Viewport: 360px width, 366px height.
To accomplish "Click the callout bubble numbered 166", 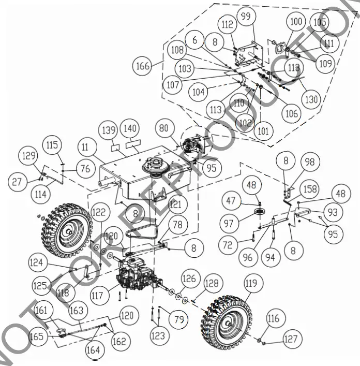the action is [x=142, y=67].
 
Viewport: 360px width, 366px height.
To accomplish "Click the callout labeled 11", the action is [x=86, y=148].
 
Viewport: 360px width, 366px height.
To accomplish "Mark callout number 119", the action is [x=251, y=283].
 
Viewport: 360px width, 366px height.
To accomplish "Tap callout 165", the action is [x=37, y=336].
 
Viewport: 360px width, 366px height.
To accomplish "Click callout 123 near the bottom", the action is [x=158, y=336].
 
